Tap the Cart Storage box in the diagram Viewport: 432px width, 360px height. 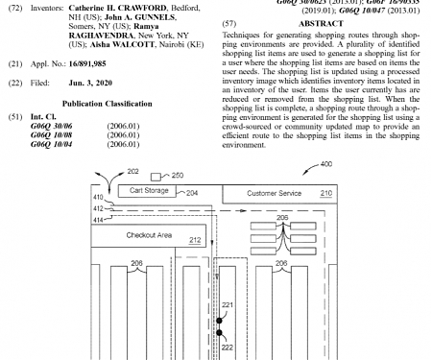pos(150,192)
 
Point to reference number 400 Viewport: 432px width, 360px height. pos(325,164)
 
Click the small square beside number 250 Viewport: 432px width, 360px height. pos(156,176)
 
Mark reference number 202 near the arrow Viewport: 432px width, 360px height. pos(132,172)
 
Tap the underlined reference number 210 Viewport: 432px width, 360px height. pos(325,193)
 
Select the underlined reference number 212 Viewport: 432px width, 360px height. pos(195,239)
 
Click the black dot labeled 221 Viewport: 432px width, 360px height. pos(219,319)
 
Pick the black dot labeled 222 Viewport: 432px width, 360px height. pos(219,334)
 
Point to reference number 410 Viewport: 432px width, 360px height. pos(98,198)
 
